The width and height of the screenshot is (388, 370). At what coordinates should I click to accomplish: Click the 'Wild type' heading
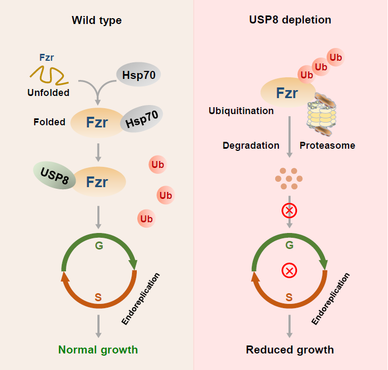[97, 21]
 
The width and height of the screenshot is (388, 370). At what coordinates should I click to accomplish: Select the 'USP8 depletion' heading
[290, 20]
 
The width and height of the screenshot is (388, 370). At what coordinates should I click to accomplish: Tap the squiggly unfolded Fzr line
[48, 75]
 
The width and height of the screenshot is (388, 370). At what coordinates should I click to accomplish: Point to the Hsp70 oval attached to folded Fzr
[142, 119]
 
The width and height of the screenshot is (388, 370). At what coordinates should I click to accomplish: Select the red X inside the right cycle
[289, 271]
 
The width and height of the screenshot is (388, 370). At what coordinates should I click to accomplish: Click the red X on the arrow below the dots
[289, 211]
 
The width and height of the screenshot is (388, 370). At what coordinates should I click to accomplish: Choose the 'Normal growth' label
[98, 350]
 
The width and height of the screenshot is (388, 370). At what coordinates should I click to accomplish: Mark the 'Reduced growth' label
[290, 350]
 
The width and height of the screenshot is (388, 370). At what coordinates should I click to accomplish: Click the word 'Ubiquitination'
[241, 111]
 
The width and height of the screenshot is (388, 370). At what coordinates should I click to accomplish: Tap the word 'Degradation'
[251, 146]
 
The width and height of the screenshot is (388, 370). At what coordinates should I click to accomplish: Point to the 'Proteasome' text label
[327, 146]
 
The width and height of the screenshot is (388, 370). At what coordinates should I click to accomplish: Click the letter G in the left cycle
[98, 246]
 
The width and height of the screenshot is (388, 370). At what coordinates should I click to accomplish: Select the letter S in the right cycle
[289, 297]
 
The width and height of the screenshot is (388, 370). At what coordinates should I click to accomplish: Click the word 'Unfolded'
[48, 93]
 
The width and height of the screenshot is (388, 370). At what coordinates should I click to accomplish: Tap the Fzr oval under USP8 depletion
[287, 94]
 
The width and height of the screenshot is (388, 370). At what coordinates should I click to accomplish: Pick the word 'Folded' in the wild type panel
[49, 122]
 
